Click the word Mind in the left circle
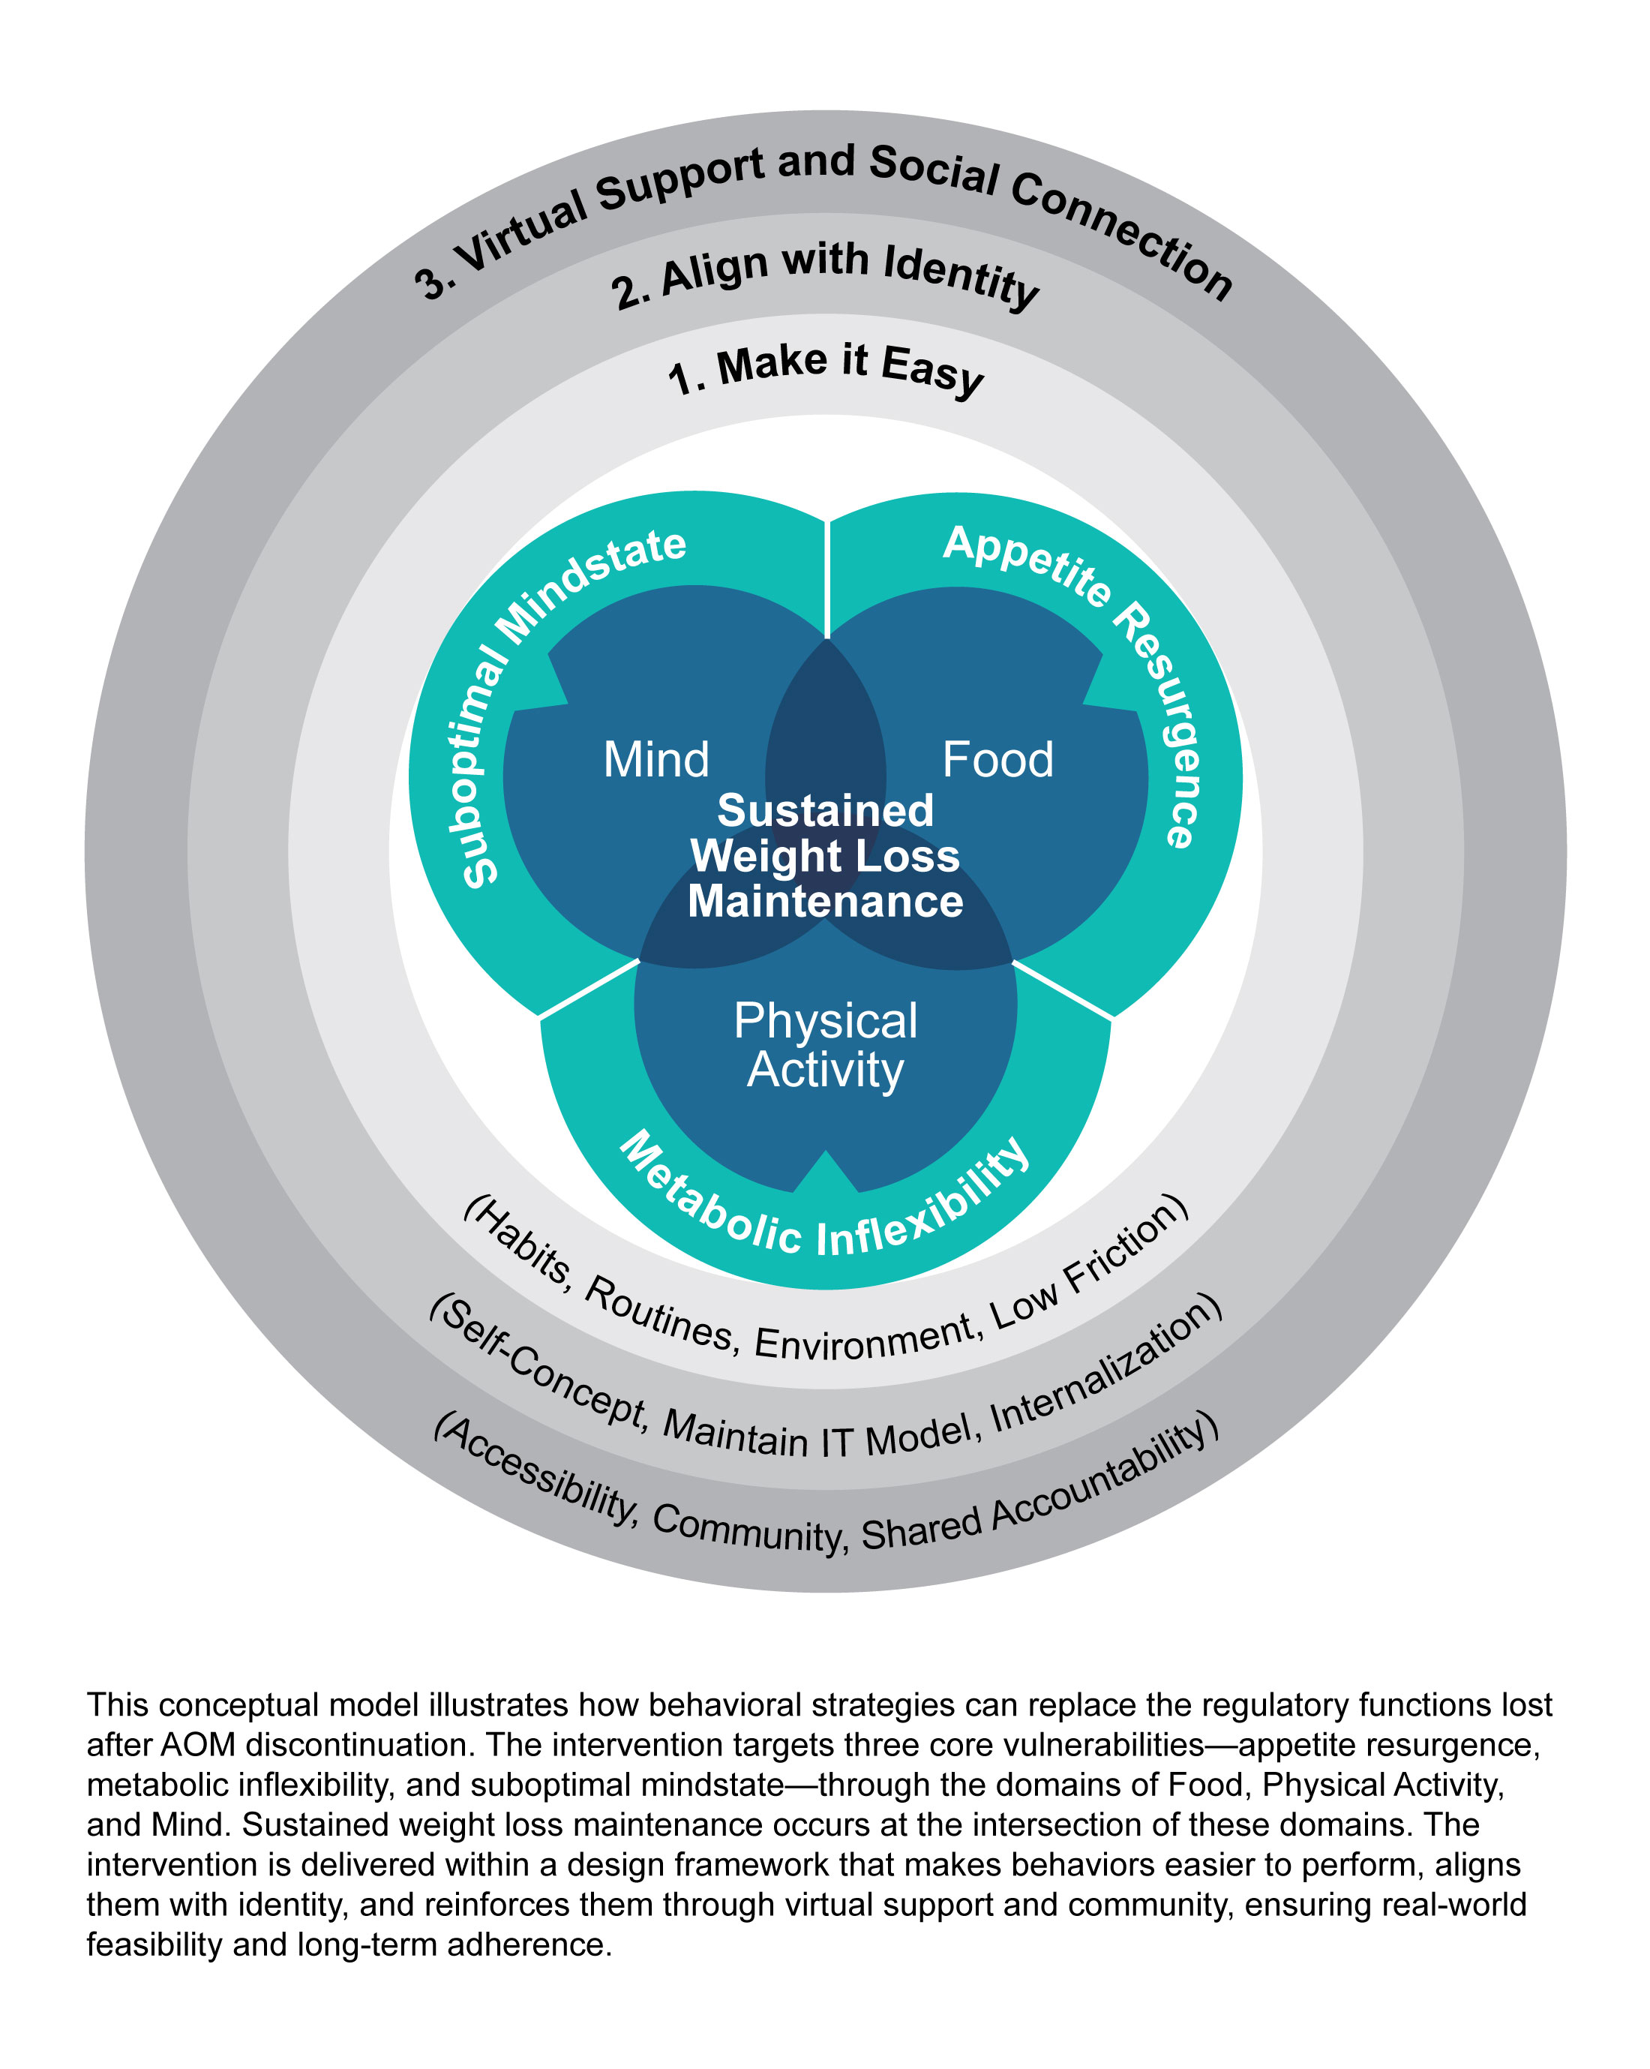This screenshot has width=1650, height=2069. point(656,760)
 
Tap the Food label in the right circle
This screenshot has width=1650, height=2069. point(997,760)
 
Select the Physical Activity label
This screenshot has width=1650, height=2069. point(825,1045)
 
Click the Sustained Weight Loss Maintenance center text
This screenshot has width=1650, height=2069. point(825,856)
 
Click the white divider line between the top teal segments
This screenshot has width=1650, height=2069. point(826,576)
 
